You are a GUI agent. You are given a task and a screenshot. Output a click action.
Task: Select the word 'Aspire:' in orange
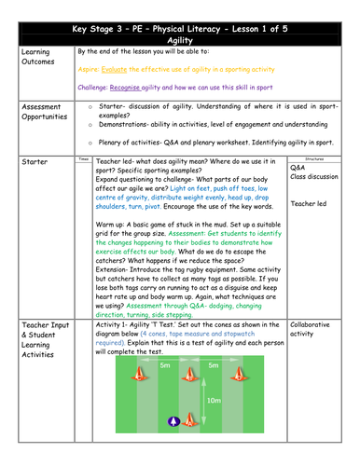coord(90,71)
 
